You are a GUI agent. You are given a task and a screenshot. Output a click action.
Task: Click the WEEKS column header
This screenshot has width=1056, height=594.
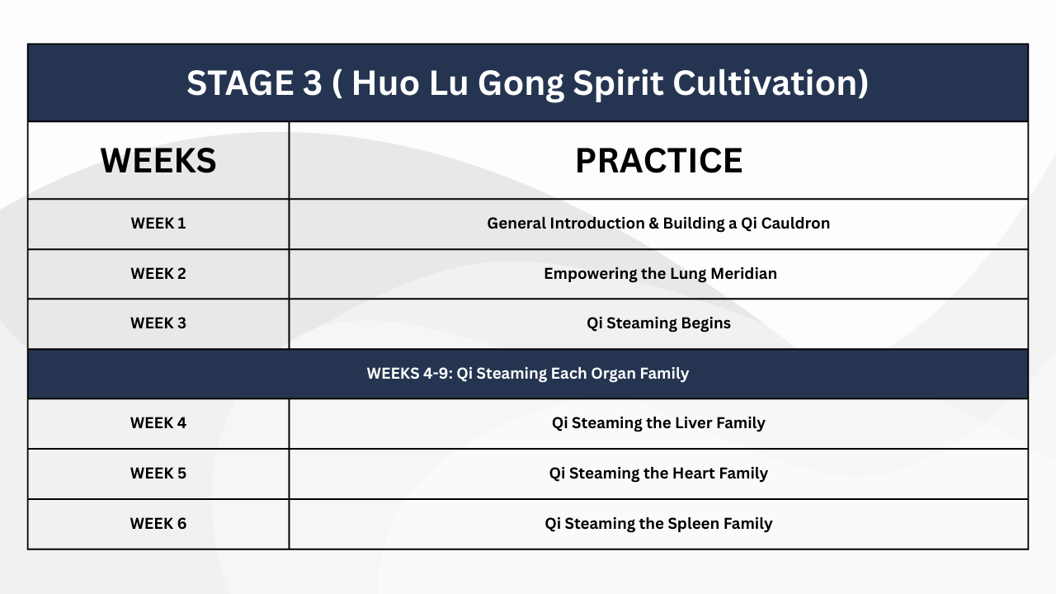pos(158,161)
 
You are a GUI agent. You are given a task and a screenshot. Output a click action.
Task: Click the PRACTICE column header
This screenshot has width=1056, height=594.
pos(658,161)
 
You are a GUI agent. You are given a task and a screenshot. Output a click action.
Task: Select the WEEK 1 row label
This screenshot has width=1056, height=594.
pos(158,224)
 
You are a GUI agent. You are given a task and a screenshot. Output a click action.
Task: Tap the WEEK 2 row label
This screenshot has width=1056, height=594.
pos(158,273)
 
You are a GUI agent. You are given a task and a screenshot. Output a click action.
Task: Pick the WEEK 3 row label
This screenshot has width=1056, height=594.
pos(158,323)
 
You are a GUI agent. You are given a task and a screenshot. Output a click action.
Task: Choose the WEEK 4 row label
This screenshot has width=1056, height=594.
pos(158,423)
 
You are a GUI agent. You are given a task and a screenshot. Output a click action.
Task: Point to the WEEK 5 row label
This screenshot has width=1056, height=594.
pos(158,474)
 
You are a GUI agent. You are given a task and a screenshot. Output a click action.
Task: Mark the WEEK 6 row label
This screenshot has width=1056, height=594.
pos(158,523)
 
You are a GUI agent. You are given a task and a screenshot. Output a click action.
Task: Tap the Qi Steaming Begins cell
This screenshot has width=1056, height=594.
pos(658,324)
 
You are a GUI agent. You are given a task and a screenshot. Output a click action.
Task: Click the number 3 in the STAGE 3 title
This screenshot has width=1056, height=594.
pos(312,83)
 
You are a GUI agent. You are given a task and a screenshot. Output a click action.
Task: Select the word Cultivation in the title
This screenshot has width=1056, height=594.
pos(766,83)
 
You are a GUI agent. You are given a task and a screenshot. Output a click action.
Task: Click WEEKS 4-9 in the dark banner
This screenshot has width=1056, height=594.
pos(409,374)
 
